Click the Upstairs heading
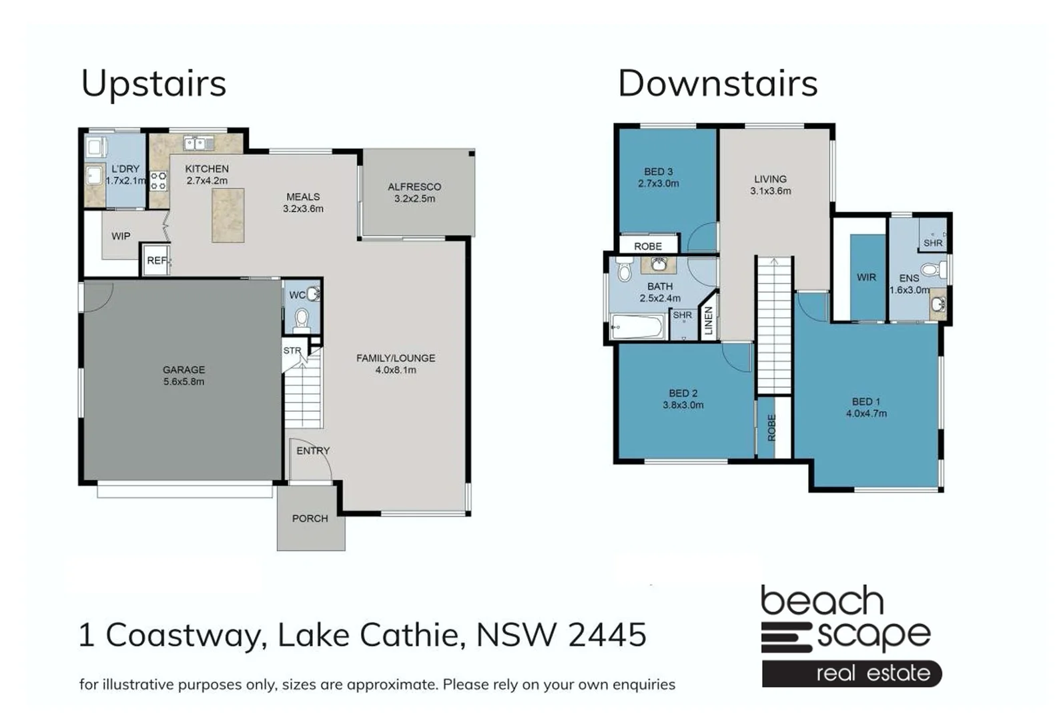(153, 84)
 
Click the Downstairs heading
(717, 84)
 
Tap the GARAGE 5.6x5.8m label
(184, 375)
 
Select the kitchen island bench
(228, 215)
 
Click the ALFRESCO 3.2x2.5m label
(414, 192)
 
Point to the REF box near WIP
(156, 260)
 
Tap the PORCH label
(310, 518)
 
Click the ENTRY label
(313, 451)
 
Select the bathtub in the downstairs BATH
(637, 327)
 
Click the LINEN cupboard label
(709, 320)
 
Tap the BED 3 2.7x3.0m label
(658, 178)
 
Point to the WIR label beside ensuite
(866, 277)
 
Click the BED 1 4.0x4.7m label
(866, 407)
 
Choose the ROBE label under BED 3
(648, 246)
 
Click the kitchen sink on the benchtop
(198, 143)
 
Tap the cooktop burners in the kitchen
(158, 181)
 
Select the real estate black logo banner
(851, 673)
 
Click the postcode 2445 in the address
(607, 634)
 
